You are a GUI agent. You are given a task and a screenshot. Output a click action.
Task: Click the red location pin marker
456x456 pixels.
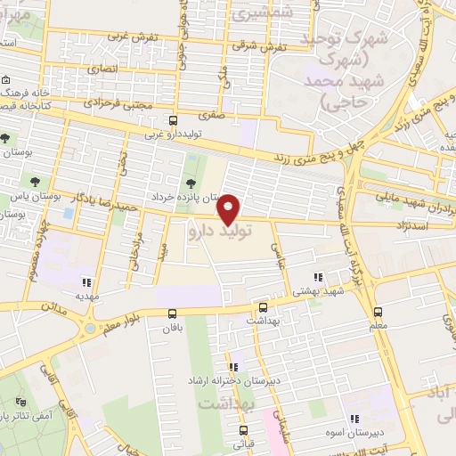[x=229, y=209]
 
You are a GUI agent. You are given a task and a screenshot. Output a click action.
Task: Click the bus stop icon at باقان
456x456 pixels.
[x=173, y=313]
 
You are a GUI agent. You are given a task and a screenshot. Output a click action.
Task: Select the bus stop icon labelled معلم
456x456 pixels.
[x=378, y=313]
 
